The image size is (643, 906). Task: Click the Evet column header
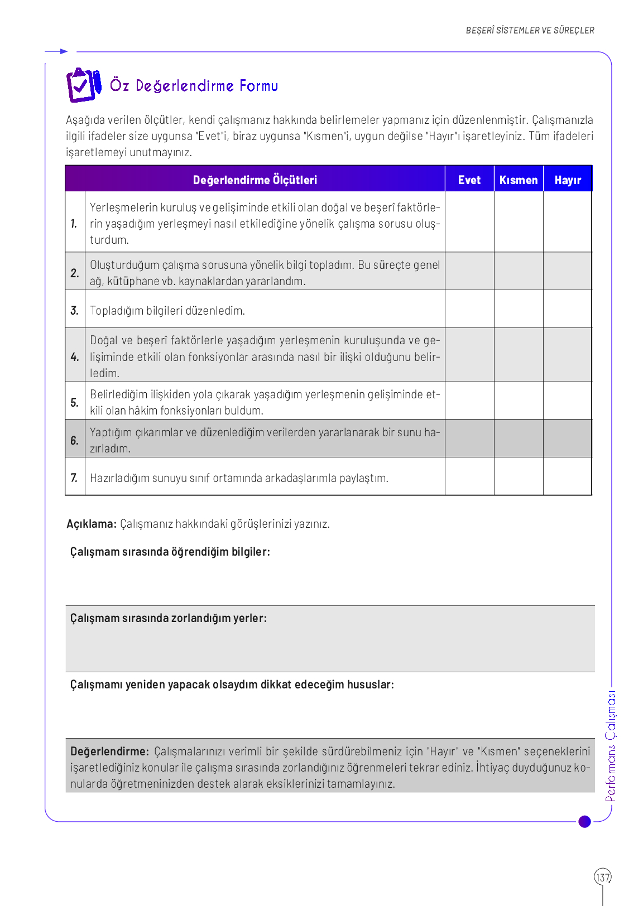(469, 180)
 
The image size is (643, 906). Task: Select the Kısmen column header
(519, 180)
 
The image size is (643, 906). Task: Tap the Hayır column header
(568, 180)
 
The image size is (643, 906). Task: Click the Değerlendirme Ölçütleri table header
(255, 180)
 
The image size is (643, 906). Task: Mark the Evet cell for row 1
(469, 222)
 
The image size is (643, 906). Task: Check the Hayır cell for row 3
(568, 309)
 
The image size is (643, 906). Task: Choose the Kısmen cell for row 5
(519, 401)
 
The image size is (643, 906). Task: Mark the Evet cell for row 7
(469, 477)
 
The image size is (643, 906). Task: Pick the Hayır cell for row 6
(568, 439)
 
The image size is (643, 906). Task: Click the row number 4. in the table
(75, 356)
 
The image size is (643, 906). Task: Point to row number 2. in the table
(75, 273)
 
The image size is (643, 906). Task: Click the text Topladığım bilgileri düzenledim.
(167, 311)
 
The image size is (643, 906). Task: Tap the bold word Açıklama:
(92, 524)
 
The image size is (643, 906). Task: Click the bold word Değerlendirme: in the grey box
(110, 751)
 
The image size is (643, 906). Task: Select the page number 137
(603, 877)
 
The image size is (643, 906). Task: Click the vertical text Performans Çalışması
(611, 746)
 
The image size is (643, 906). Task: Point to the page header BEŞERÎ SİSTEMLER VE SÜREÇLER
(530, 31)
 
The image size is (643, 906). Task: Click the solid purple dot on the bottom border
(584, 821)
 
